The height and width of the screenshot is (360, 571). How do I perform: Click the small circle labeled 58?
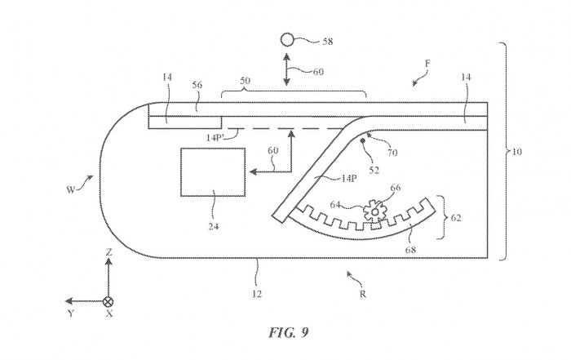[286, 38]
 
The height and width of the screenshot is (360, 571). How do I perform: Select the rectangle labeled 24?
[213, 171]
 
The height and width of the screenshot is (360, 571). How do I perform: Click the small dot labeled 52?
[363, 141]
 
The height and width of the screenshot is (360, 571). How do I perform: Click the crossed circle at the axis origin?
[108, 300]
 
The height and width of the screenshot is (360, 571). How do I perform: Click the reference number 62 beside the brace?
[458, 218]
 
